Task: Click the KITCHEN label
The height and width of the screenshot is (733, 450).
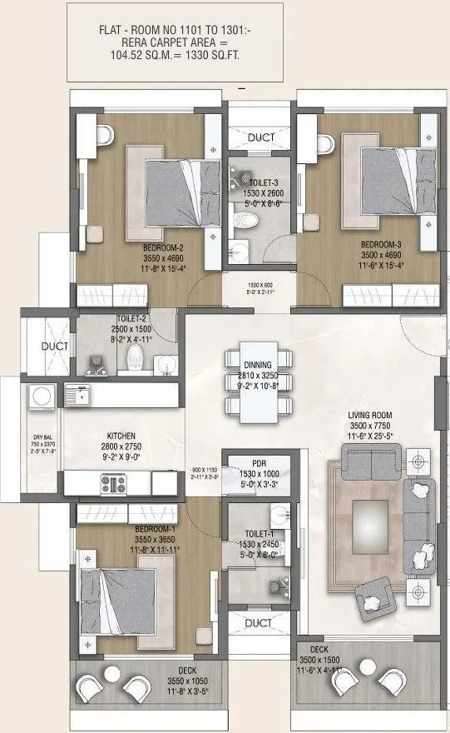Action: point(121,435)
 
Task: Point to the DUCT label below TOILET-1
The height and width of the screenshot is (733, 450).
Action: point(259,622)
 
